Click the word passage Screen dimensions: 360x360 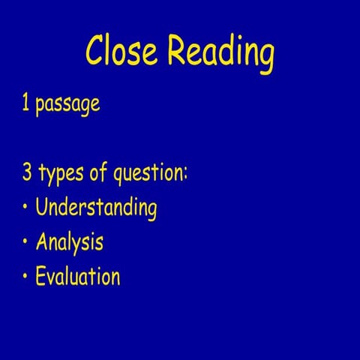tap(67, 106)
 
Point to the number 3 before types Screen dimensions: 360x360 tap(26, 174)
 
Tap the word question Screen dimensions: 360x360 tap(147, 175)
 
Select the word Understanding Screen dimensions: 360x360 tap(96, 208)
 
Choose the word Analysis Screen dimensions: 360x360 tap(69, 243)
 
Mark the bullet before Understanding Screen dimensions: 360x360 tap(25, 208)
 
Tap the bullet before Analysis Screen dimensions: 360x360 tap(25, 242)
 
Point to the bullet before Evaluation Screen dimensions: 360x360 tap(25, 277)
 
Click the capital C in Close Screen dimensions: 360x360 tap(95, 52)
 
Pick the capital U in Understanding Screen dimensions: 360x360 tap(42, 206)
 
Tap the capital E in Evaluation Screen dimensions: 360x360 tap(41, 276)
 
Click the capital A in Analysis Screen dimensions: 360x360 tap(43, 241)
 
